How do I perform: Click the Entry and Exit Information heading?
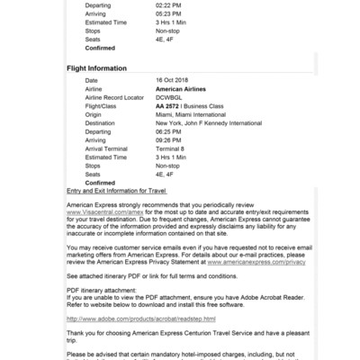point(117,191)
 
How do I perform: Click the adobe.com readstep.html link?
point(141,318)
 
